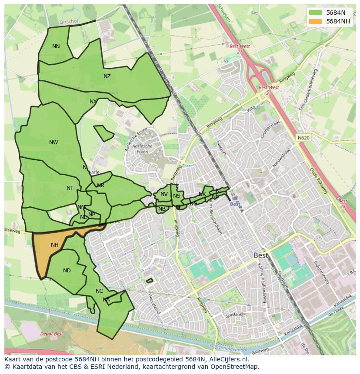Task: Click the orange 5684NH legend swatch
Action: coord(316,21)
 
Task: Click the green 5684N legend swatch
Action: coord(316,13)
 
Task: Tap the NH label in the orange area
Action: coord(54,245)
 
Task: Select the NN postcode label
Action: coord(56,46)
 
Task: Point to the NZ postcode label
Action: coord(107,76)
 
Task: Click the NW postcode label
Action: coord(53,142)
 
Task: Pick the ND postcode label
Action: coord(67,271)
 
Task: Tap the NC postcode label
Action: coord(100,291)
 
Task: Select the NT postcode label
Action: coord(70,188)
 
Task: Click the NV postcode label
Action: coord(164,194)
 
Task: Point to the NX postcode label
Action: coord(93,102)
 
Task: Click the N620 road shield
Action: coord(303,138)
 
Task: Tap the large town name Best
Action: coord(261,255)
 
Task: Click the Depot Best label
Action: coord(51,334)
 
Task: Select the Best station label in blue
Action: coord(235,204)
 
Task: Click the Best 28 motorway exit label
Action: coord(343,204)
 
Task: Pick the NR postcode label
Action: coord(100,185)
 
